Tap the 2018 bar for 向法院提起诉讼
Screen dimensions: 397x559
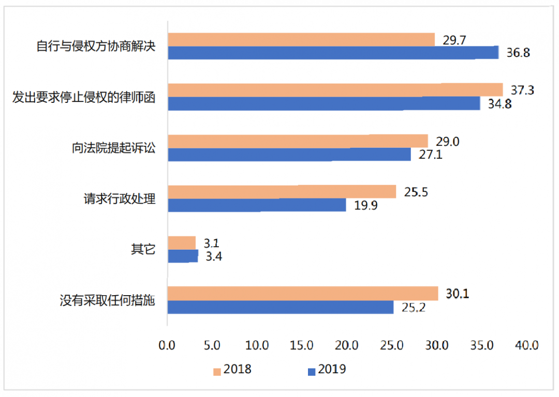pyautogui.click(x=298, y=141)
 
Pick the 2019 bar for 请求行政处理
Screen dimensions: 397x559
pyautogui.click(x=257, y=205)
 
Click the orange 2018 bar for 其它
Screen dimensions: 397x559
pyautogui.click(x=181, y=243)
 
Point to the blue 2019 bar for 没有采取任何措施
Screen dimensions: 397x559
pyautogui.click(x=280, y=308)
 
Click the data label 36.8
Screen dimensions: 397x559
pyautogui.click(x=518, y=53)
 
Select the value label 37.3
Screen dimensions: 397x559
pyautogui.click(x=522, y=90)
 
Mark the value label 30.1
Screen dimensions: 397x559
pyautogui.click(x=457, y=294)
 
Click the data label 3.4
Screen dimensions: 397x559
pyautogui.click(x=214, y=256)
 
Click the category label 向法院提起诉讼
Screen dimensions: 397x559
pyautogui.click(x=113, y=148)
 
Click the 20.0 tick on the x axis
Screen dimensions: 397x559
pyautogui.click(x=347, y=345)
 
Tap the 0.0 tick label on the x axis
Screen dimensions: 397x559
pyautogui.click(x=167, y=345)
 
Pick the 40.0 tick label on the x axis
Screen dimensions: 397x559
pyautogui.click(x=527, y=345)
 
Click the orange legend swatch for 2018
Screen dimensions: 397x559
pyautogui.click(x=217, y=371)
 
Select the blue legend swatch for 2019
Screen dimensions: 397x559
pyautogui.click(x=311, y=371)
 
